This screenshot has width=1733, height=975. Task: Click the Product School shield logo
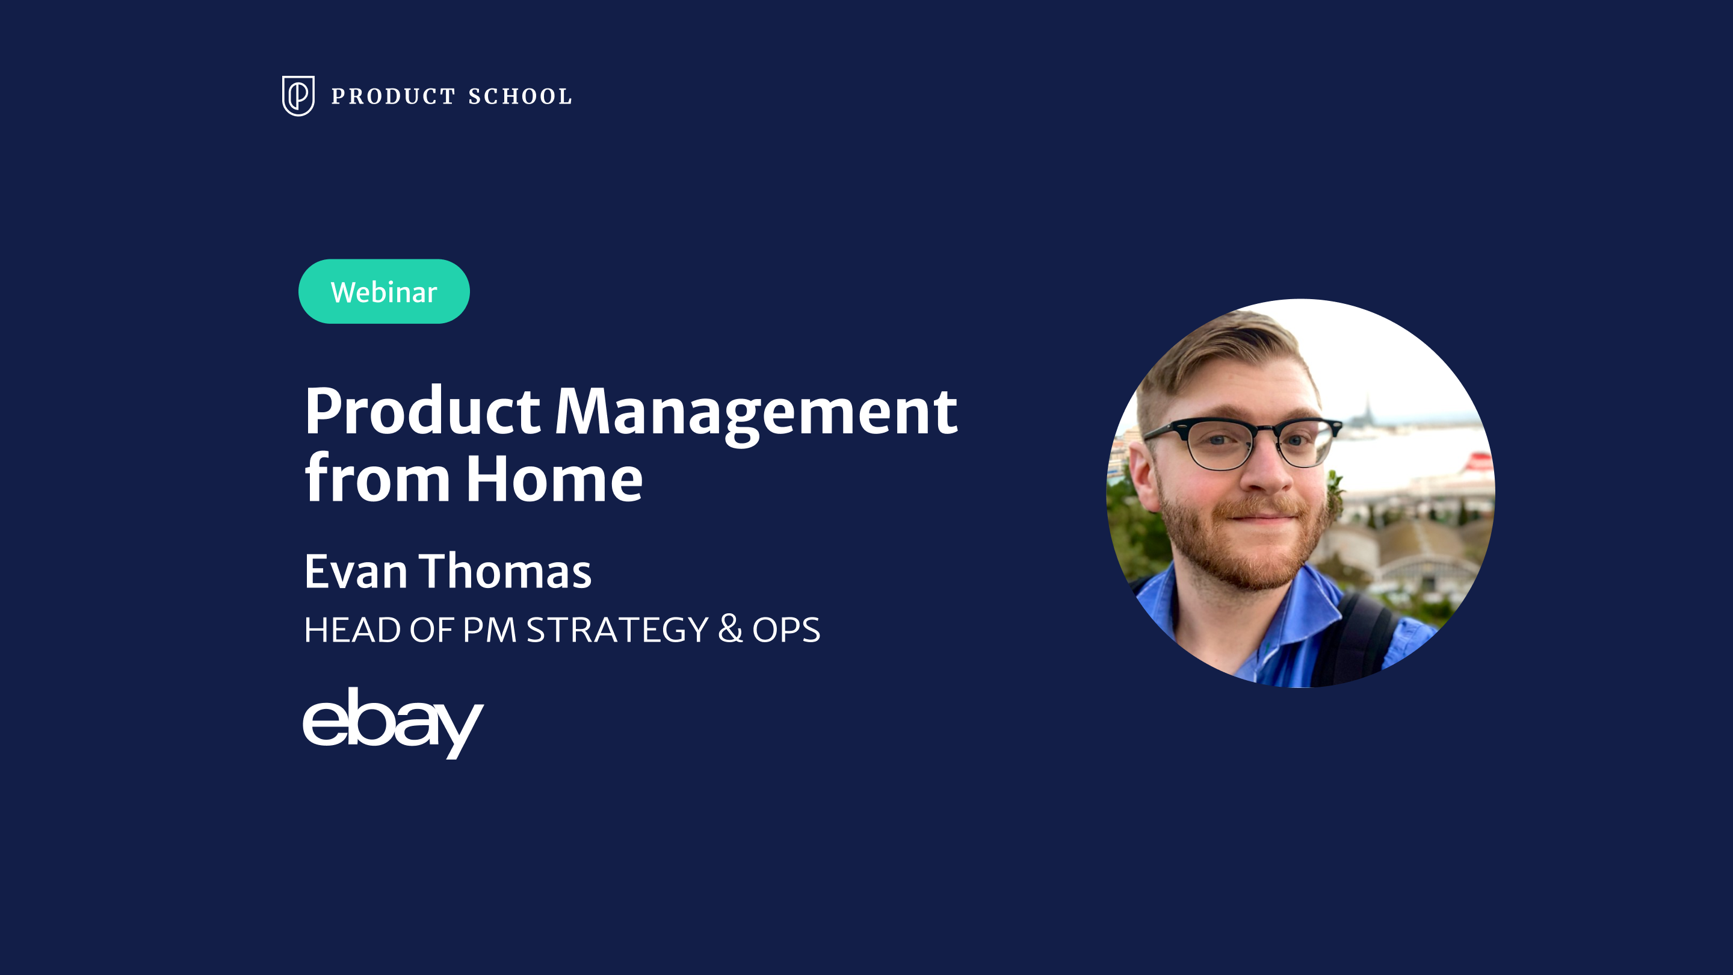[x=298, y=96]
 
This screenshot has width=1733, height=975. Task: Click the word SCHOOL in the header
[x=520, y=96]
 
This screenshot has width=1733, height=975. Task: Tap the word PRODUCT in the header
[x=394, y=96]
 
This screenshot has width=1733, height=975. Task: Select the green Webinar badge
[x=384, y=291]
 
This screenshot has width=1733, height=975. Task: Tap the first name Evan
[x=356, y=572]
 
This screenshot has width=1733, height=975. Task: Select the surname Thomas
[x=505, y=571]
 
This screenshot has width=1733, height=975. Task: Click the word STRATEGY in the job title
[x=617, y=630]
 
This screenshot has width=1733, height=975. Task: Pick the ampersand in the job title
[x=730, y=629]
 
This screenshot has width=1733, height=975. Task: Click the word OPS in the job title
[x=786, y=630]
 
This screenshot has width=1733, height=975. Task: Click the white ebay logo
[x=393, y=722]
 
